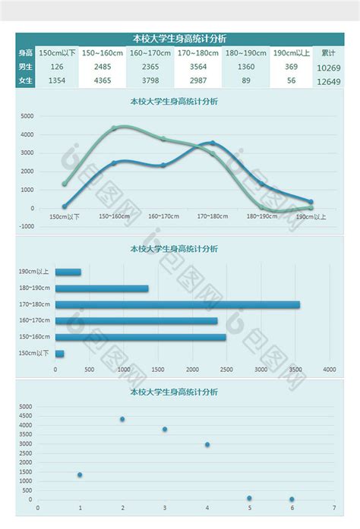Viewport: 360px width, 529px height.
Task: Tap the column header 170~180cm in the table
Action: pos(197,52)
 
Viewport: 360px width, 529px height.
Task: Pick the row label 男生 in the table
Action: pos(25,67)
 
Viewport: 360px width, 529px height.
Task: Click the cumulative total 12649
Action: pos(328,81)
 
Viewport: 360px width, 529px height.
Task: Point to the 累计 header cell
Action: pos(328,52)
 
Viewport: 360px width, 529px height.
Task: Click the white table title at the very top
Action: pos(179,39)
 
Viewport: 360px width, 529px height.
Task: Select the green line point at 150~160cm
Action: pos(114,128)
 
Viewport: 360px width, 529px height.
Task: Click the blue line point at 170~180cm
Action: pos(212,143)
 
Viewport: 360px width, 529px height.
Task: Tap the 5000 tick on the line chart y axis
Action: pos(27,116)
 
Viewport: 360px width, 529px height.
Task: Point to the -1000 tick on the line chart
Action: pos(27,226)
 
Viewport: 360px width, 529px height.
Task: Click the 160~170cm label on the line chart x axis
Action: pos(163,216)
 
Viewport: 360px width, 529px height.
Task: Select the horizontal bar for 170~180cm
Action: pos(177,304)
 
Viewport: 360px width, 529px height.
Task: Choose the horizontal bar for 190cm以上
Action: pos(68,272)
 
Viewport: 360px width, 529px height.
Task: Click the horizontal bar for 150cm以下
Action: pos(59,353)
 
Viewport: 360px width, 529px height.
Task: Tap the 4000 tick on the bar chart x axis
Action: pos(329,370)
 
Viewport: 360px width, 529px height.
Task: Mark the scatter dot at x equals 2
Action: pos(122,419)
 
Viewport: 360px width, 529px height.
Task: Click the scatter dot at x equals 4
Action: pos(207,445)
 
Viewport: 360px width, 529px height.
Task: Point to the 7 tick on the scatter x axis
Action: pos(334,509)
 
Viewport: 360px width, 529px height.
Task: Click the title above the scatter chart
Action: pos(174,392)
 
